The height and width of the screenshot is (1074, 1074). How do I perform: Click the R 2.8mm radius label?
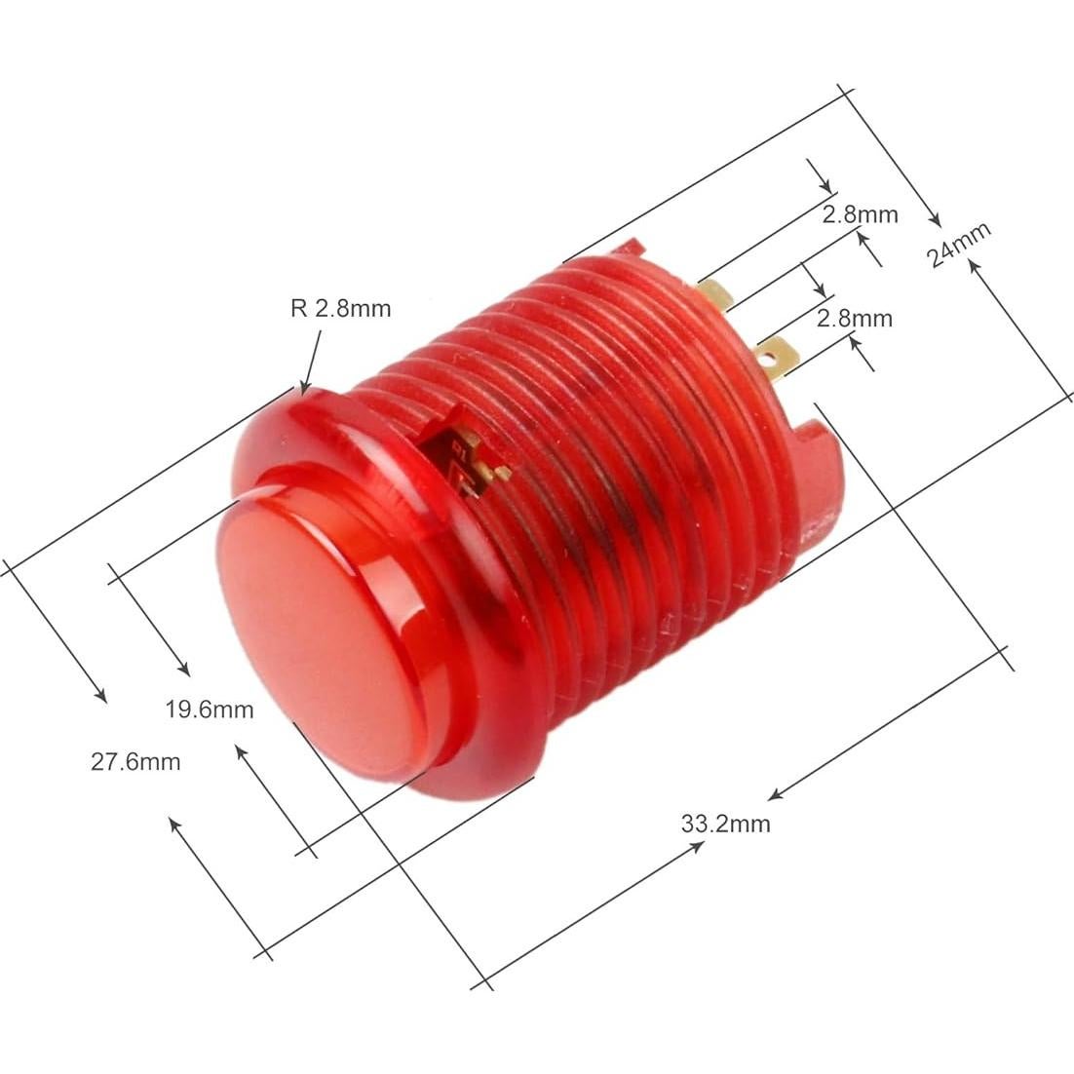pyautogui.click(x=340, y=309)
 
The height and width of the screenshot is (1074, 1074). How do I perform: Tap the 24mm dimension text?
pyautogui.click(x=959, y=245)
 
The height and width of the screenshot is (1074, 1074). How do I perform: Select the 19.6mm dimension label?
pyautogui.click(x=209, y=710)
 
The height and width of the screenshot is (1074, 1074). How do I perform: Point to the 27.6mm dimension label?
pyautogui.click(x=135, y=761)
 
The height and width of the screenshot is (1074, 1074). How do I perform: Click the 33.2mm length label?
pyautogui.click(x=725, y=824)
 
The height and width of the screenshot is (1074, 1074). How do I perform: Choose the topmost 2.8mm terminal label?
pyautogui.click(x=859, y=214)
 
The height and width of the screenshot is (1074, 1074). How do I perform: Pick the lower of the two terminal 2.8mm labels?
pyautogui.click(x=854, y=318)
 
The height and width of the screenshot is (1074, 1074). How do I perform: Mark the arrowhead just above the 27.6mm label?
pyautogui.click(x=101, y=696)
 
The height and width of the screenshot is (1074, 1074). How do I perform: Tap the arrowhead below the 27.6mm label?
pyautogui.click(x=173, y=822)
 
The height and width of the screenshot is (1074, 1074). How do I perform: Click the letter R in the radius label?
pyautogui.click(x=297, y=309)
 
